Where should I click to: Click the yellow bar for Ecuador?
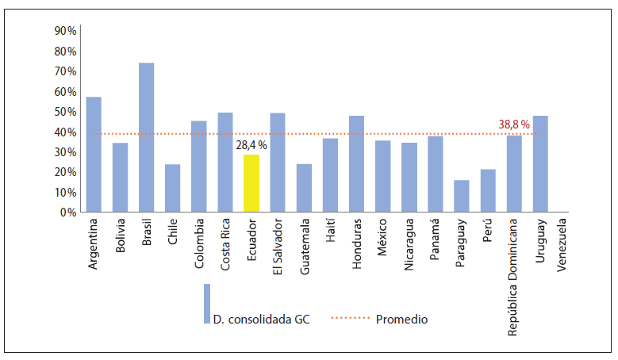pos(251,183)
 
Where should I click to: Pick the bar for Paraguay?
pos(462,196)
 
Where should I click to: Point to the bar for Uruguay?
pos(540,164)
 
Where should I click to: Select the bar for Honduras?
pos(356,164)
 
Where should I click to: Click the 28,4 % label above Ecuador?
pos(251,145)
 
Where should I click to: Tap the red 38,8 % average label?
pos(514,124)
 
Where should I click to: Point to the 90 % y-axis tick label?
pos(65,31)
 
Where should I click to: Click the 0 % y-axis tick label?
pos(67,213)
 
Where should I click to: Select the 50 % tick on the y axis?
pos(65,112)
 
